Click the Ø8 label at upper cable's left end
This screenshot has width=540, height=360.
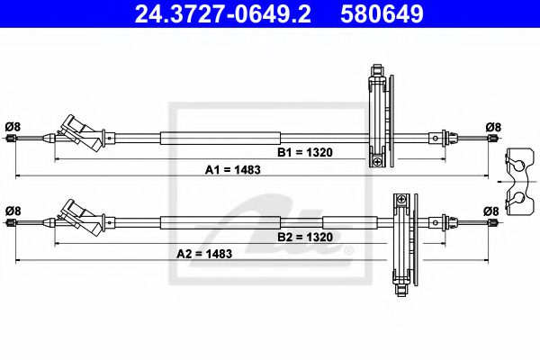12,126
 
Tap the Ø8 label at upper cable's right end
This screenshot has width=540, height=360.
492,126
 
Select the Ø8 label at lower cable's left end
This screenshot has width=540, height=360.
12,211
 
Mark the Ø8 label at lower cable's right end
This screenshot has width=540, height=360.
492,211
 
